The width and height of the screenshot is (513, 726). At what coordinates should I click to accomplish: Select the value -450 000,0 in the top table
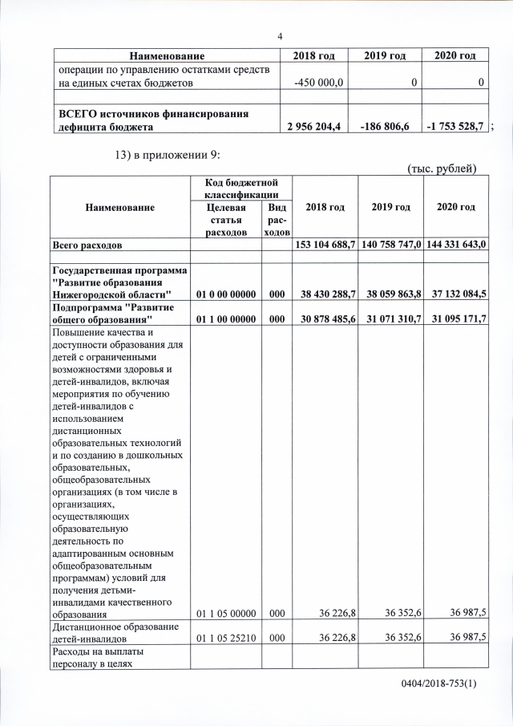click(x=319, y=83)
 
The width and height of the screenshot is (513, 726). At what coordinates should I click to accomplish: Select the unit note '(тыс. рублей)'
click(x=442, y=168)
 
